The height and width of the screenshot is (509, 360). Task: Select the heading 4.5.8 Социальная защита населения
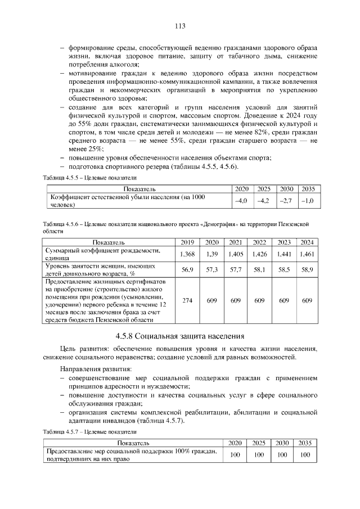[180, 336]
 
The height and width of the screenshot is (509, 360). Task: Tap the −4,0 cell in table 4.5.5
[241, 200]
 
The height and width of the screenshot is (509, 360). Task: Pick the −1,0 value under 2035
[307, 200]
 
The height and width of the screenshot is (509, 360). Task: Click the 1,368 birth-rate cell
[187, 254]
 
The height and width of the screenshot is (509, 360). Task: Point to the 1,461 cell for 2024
[307, 254]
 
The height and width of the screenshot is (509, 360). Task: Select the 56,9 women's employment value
[187, 270]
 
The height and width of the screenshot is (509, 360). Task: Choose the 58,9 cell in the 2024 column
[307, 270]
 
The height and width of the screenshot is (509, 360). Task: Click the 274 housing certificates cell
[187, 301]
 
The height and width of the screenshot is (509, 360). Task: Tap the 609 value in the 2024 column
[307, 301]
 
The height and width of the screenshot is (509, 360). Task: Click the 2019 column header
[187, 242]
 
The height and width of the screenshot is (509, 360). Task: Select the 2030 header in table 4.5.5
[286, 188]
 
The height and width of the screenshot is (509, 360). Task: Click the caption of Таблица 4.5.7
[90, 431]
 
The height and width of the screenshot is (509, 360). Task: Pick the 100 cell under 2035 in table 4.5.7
[305, 454]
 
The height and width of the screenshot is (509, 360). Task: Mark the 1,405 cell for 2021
[236, 254]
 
